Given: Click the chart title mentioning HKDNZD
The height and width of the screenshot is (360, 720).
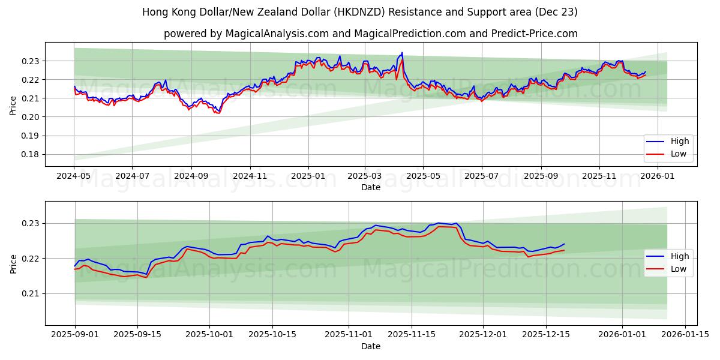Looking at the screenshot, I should pos(360,12).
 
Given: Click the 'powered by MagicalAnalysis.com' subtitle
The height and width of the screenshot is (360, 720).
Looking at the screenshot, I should pos(371,34).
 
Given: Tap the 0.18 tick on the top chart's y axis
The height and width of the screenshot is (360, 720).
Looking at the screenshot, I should pos(31,154).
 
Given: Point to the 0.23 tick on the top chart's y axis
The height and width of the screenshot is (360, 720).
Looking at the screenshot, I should pos(31,61).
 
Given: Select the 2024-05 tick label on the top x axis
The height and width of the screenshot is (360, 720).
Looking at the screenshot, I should pos(74,176).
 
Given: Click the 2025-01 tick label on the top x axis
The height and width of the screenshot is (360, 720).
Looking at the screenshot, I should pos(308,176).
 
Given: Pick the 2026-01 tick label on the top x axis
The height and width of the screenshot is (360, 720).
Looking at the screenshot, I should pos(658,176).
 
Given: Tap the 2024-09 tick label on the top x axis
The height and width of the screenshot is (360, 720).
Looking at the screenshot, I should pos(191,176).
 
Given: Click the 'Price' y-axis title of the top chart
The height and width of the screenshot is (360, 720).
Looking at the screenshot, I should pos(13,105).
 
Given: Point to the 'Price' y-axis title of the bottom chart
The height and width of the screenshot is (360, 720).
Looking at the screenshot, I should pos(13,264).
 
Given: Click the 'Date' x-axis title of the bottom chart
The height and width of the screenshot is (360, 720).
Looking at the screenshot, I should pos(371,346).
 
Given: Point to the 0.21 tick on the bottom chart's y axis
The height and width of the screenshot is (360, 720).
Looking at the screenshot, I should pos(31,293).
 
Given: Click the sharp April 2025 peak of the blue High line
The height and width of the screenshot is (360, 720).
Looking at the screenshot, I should pos(402,53).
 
